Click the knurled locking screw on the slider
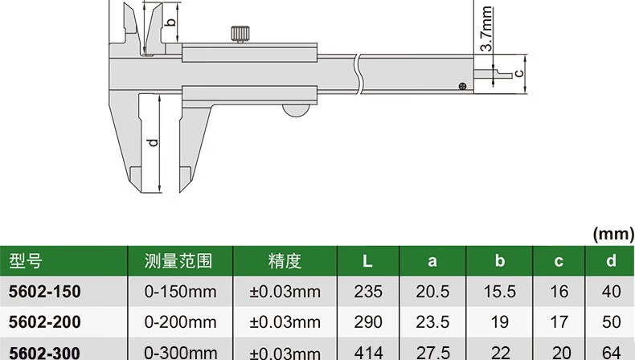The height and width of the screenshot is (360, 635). [240, 34]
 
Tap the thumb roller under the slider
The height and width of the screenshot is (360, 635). [296, 110]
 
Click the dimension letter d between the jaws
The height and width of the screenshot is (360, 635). [153, 143]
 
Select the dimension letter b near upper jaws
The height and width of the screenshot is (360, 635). [171, 22]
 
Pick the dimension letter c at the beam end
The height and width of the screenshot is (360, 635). [518, 73]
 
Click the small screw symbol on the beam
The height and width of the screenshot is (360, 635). [462, 86]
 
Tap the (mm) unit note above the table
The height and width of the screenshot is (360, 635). [613, 234]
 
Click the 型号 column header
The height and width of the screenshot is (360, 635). [25, 261]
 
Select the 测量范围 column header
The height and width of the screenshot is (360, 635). [178, 261]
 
